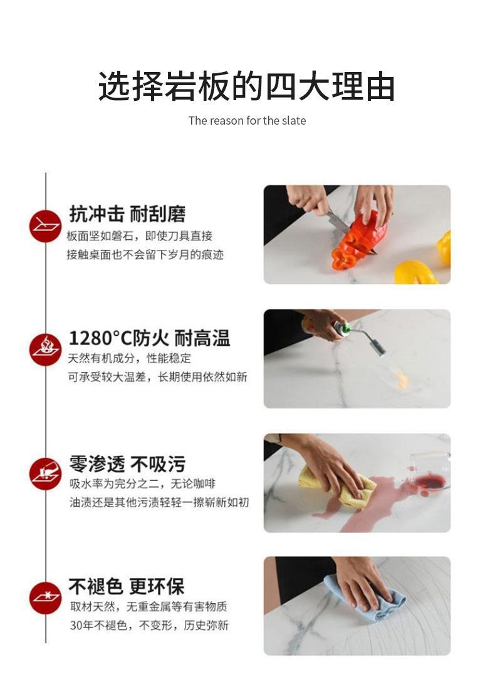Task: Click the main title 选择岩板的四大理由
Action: (x=247, y=86)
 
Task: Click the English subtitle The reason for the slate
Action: (x=247, y=120)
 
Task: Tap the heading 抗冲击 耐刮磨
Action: (x=127, y=214)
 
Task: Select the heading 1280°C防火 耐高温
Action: (x=149, y=339)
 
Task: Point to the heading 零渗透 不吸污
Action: (x=127, y=464)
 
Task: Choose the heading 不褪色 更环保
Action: (x=127, y=587)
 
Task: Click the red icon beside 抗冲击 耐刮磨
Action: (x=46, y=225)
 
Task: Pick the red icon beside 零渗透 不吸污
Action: (x=46, y=474)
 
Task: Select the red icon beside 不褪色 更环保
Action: (x=46, y=597)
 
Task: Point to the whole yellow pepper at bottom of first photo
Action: (x=415, y=273)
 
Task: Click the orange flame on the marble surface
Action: (x=401, y=379)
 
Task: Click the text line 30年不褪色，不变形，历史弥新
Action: (x=148, y=625)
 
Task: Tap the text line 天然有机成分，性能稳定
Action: (x=130, y=358)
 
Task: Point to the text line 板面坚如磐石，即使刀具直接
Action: (x=139, y=235)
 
